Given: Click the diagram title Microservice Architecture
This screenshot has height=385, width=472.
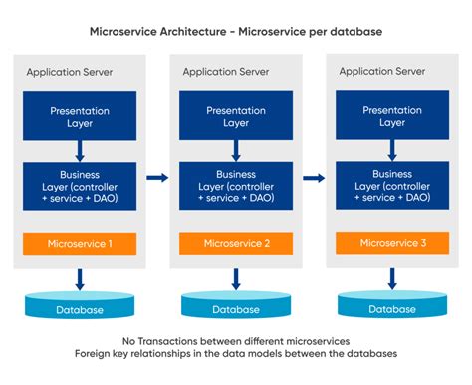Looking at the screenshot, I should coord(236,31).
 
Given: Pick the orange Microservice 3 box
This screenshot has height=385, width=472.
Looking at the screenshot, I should coord(392,243).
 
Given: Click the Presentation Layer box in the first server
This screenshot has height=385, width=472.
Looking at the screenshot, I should coord(80,116).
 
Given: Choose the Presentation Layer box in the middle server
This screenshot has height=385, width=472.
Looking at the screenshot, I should coord(236,116).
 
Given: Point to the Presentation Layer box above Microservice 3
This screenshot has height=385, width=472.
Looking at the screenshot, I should coord(392,115).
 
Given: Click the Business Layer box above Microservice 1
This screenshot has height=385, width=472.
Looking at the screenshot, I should coord(80,186).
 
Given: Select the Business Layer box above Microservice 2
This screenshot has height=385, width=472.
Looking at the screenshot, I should coord(236,186).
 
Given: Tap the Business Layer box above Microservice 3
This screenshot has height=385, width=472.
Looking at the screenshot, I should coord(392,185).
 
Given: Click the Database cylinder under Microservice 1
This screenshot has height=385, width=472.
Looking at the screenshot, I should coord(80,305).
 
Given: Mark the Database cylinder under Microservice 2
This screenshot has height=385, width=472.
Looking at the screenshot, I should coord(236,305).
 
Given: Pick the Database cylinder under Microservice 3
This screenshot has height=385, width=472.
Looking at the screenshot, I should coord(392,305).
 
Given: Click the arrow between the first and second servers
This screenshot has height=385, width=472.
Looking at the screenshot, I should coord(157,179).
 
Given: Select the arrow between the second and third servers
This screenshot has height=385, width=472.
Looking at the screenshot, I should coord(314,179).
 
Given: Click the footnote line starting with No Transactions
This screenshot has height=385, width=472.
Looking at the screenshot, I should coord(236,339).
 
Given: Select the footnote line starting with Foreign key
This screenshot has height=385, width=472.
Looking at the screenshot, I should coord(236,354).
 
